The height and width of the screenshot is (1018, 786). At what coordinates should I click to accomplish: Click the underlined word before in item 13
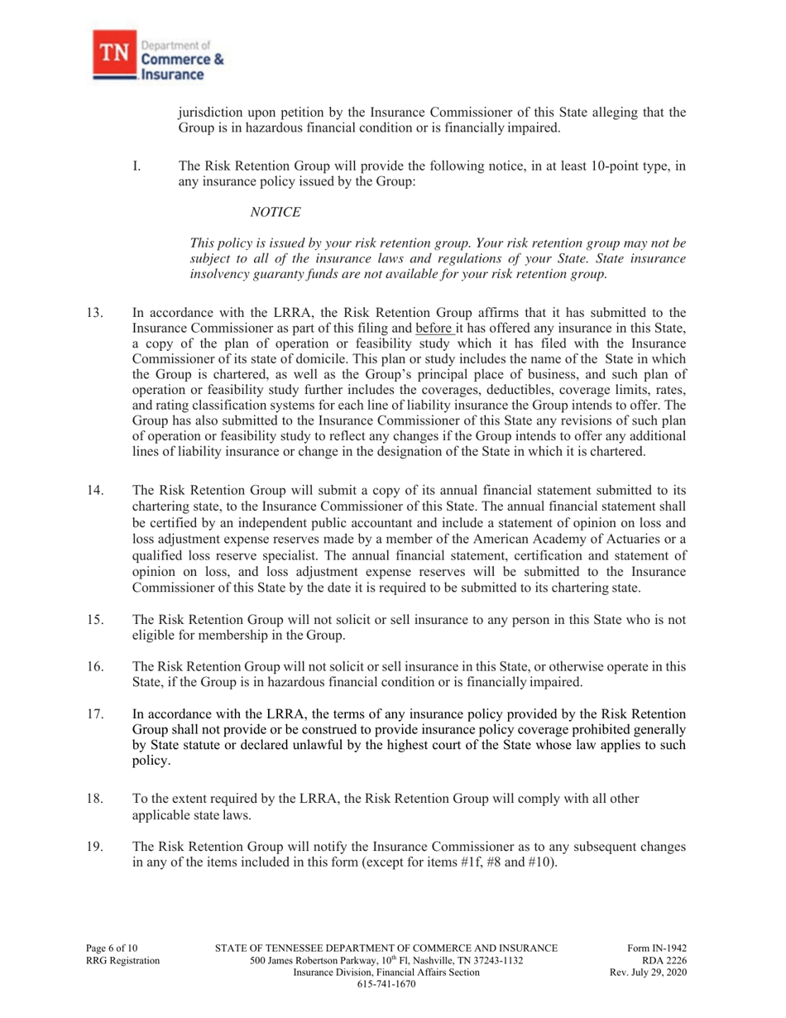(466, 330)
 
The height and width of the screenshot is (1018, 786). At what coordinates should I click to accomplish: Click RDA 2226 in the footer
(664, 961)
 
